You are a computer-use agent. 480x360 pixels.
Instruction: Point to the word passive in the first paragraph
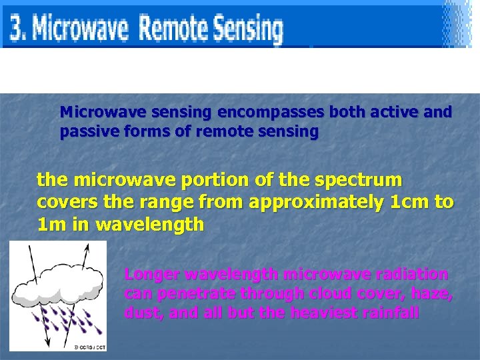pos(85,132)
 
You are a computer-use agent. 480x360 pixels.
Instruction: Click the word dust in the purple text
pos(142,313)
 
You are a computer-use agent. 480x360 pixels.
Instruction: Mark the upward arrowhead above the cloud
pos(87,246)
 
